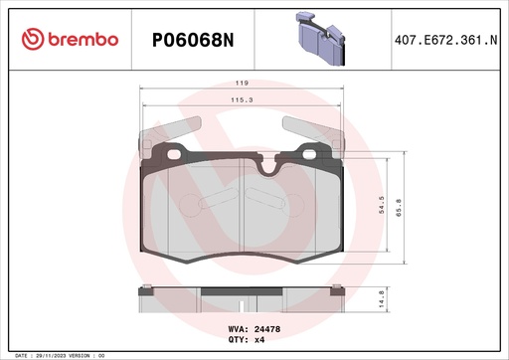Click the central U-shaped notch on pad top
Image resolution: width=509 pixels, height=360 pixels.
265,167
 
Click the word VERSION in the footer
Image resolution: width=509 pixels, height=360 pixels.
85,355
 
